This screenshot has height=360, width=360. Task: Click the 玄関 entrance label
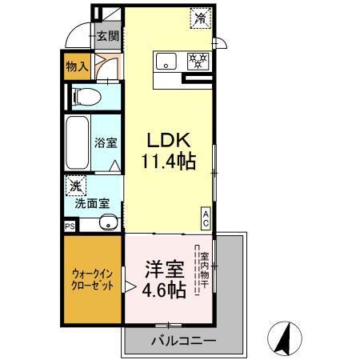click(x=107, y=35)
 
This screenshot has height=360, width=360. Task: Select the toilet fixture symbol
click(x=85, y=98)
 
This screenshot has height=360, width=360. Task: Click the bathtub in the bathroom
click(x=77, y=145)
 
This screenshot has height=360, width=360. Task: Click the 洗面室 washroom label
click(x=92, y=203)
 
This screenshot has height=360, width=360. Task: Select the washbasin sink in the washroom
click(x=107, y=223)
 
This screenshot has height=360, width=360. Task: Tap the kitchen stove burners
click(x=197, y=59)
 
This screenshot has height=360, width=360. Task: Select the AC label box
click(x=206, y=217)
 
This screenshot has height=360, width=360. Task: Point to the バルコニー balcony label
click(x=182, y=340)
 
